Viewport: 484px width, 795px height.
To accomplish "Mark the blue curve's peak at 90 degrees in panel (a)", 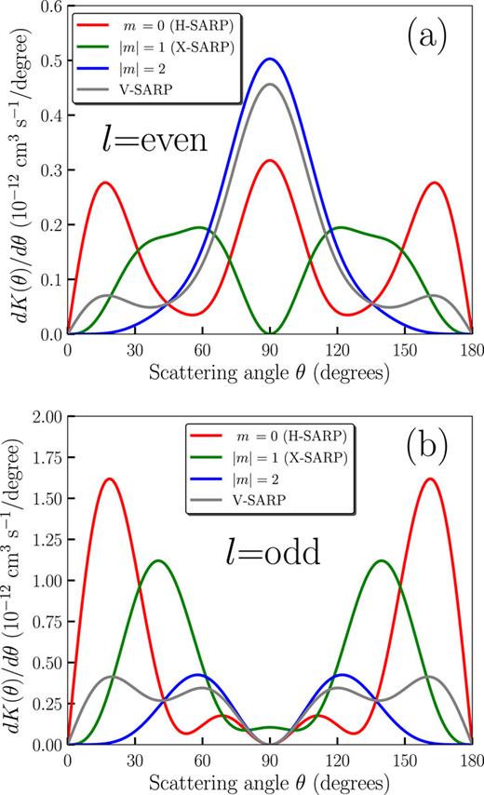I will click(x=270, y=59).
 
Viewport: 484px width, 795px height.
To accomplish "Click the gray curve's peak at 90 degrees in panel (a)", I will click(x=270, y=85).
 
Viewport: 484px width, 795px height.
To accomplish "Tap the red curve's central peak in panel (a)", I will click(x=270, y=161).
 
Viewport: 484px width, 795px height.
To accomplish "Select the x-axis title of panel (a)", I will click(x=270, y=370).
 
